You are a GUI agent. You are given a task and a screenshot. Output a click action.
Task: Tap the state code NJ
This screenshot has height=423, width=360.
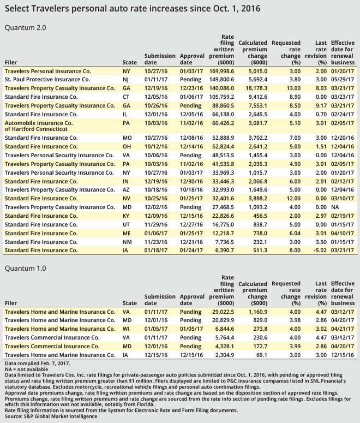[x=127, y=79]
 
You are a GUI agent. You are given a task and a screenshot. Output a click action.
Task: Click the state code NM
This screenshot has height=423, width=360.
[x=127, y=241]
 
